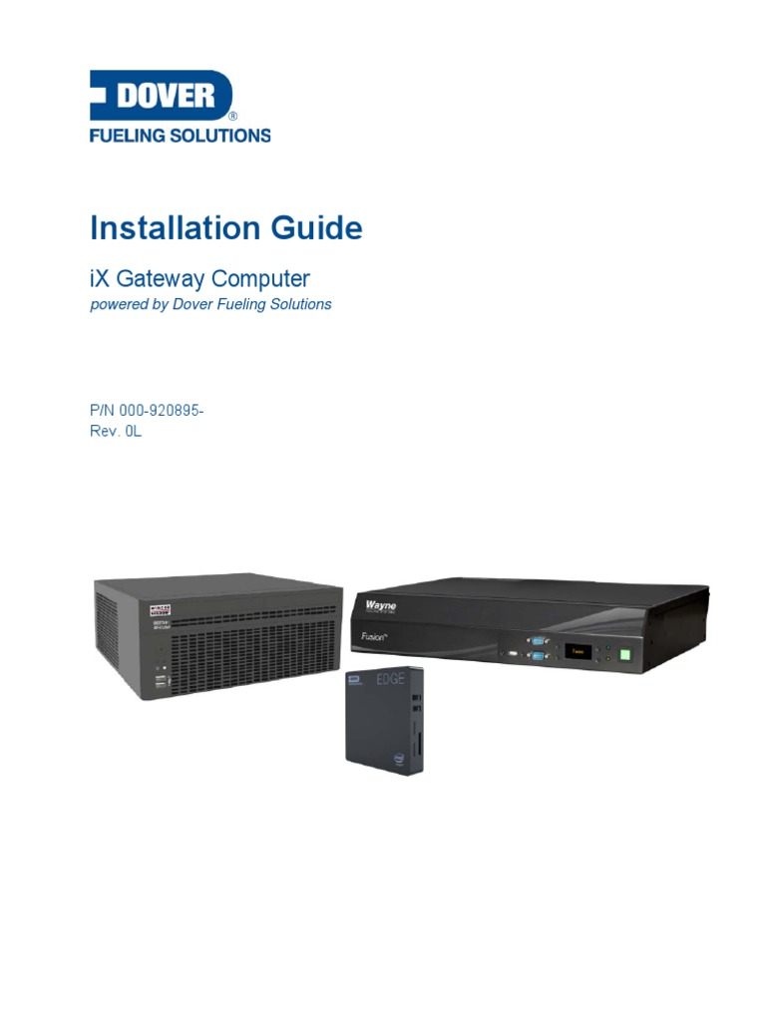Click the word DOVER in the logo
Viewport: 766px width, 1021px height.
click(x=166, y=96)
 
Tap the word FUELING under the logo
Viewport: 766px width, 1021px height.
click(x=123, y=135)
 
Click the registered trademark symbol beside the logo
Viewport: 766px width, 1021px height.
click(x=232, y=116)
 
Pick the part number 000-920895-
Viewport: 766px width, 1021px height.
click(x=162, y=412)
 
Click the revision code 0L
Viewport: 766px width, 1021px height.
click(x=133, y=432)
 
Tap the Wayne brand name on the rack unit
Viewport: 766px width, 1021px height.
click(x=380, y=604)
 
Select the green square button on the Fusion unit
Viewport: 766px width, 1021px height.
click(x=625, y=655)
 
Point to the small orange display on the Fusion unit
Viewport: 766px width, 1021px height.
click(x=577, y=651)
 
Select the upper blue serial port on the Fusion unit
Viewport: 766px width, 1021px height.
click(x=538, y=643)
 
